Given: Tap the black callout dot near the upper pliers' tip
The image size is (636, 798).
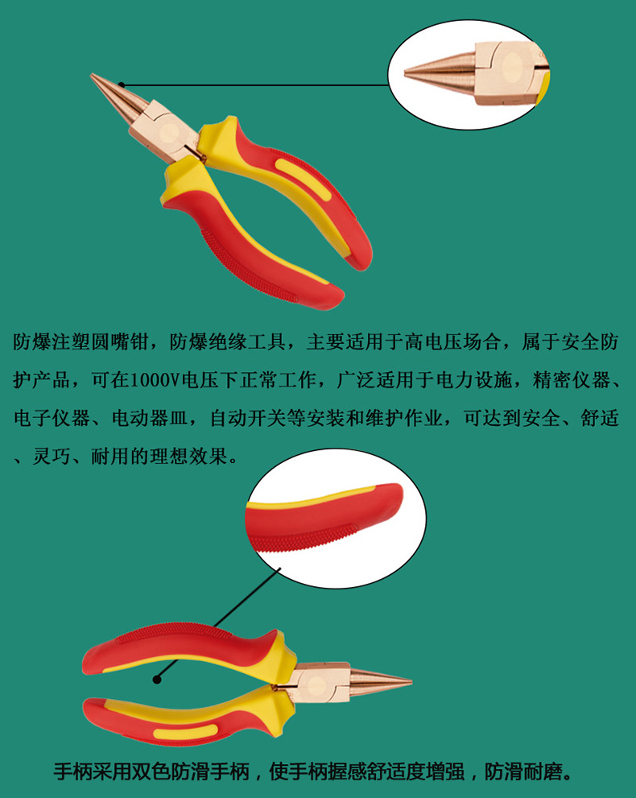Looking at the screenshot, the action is [121, 85].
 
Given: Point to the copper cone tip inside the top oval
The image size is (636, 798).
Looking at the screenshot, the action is [439, 73].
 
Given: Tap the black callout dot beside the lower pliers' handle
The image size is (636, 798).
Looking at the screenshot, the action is [157, 679].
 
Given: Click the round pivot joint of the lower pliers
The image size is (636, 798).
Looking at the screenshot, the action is [317, 685].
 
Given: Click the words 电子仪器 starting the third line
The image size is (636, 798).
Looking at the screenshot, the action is [52, 419].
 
